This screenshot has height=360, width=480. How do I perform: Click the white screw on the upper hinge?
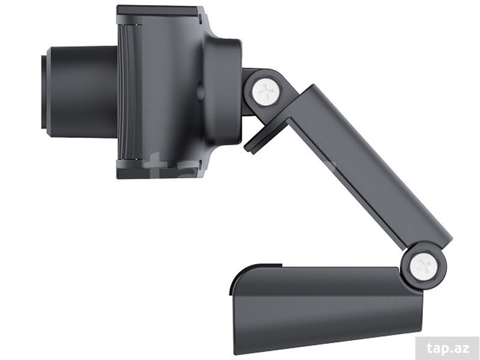tap(266, 92)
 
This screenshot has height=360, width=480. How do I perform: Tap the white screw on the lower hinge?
tap(424, 266)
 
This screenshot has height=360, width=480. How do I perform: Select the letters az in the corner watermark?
tap(463, 349)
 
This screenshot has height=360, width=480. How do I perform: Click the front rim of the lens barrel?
tap(44, 92)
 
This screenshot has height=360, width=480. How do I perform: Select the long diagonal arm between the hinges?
tap(367, 166)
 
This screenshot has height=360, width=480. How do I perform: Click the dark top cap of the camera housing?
tap(158, 11)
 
